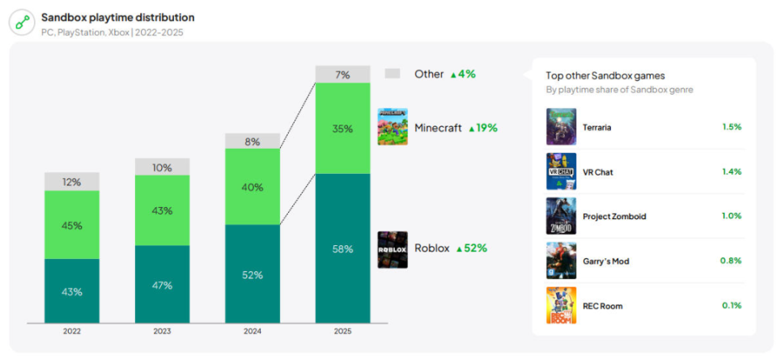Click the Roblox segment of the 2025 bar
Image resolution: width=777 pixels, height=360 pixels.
342,248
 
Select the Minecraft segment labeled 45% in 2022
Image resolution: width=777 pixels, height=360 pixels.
72,225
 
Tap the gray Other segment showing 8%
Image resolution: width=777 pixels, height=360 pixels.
252,141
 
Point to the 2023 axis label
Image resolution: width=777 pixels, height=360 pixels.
162,331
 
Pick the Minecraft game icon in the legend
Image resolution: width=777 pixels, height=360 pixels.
393,127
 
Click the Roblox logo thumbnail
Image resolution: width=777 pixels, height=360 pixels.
393,249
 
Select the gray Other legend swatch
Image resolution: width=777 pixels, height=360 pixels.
393,74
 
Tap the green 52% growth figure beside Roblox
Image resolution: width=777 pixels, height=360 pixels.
472,248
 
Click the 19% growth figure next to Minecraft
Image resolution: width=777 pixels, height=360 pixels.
483,128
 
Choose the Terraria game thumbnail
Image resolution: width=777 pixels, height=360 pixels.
561,127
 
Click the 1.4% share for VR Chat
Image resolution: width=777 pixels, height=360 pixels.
732,172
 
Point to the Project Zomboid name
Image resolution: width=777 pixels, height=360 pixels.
614,217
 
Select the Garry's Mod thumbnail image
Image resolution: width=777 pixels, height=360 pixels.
561,260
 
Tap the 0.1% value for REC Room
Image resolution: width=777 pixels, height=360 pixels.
732,306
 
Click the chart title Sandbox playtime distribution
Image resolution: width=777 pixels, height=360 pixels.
117,17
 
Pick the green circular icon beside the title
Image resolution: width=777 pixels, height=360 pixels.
22,23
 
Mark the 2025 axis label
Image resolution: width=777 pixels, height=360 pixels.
342,331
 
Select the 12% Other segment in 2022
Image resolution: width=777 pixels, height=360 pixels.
72,182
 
